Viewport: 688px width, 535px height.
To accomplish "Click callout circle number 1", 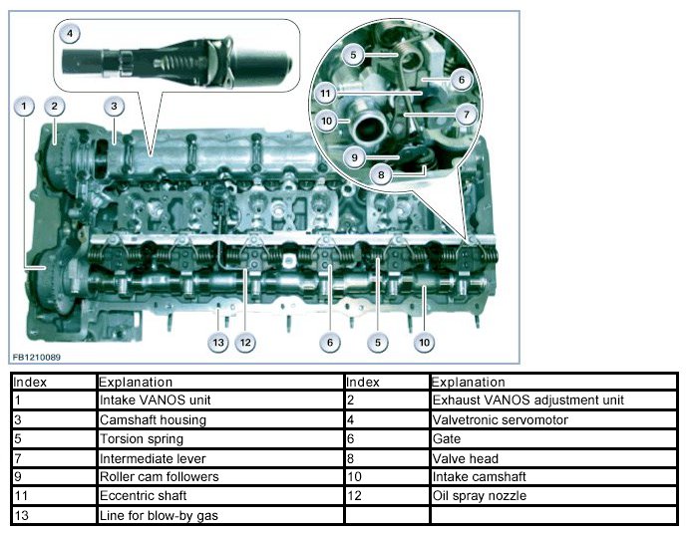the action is (22, 105).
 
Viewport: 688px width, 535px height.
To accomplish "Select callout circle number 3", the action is (115, 106).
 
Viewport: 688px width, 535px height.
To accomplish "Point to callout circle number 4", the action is (69, 33).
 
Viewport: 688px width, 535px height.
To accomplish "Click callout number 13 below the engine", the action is (218, 343).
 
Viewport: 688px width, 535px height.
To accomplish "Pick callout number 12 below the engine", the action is (245, 343).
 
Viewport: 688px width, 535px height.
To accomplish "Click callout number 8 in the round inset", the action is (380, 173).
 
